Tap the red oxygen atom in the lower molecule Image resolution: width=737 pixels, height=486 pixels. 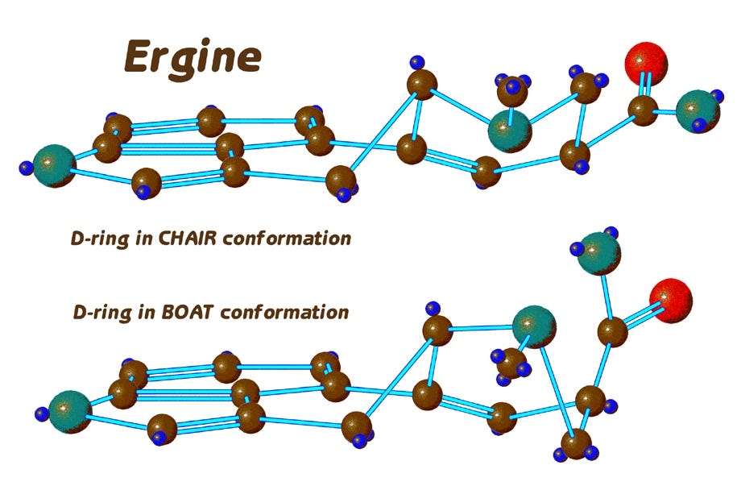click(670, 300)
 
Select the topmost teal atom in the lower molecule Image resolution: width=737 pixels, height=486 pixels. click(600, 252)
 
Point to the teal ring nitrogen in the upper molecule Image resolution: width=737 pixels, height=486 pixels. click(510, 128)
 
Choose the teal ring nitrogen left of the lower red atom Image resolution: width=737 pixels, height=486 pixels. click(534, 325)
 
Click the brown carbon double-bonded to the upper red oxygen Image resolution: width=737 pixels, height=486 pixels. click(642, 110)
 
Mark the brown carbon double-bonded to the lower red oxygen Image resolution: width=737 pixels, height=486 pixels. click(613, 331)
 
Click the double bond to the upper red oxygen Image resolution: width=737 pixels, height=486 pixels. click(644, 87)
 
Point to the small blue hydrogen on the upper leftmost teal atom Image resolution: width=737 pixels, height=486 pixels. click(27, 168)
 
